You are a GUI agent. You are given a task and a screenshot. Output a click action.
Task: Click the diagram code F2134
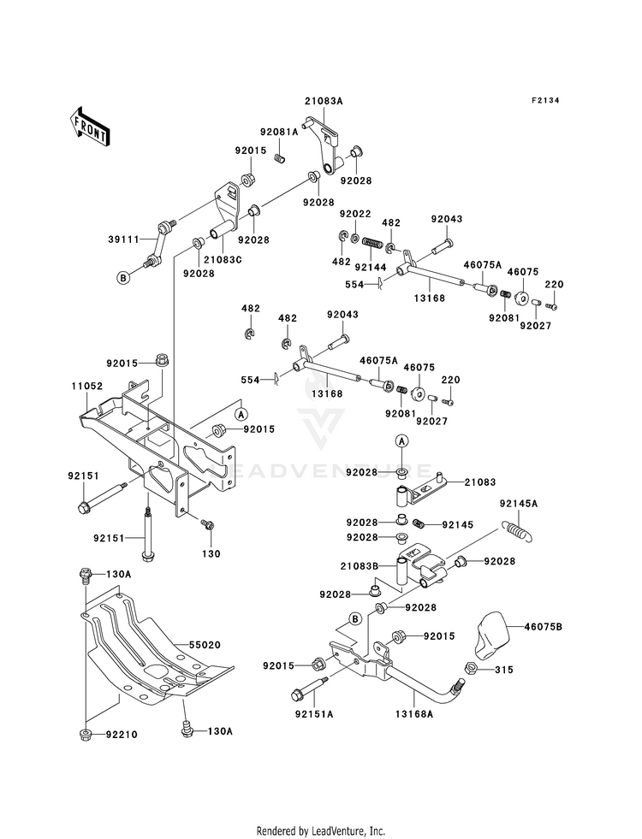point(545,100)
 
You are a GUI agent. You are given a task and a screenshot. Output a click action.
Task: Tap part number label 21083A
point(324,101)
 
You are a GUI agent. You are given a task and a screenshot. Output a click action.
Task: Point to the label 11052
point(88,385)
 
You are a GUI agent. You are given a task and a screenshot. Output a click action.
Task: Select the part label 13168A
point(414,714)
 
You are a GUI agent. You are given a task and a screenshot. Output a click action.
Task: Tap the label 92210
point(122,735)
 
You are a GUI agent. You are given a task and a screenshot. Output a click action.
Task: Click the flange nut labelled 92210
point(85,734)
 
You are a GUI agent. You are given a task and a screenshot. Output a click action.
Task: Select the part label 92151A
point(314,714)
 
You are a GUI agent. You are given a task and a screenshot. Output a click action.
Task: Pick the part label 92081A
point(280,132)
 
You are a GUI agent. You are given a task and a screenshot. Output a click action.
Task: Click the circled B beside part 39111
point(123,278)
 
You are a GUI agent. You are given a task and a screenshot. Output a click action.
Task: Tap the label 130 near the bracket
point(211,553)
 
